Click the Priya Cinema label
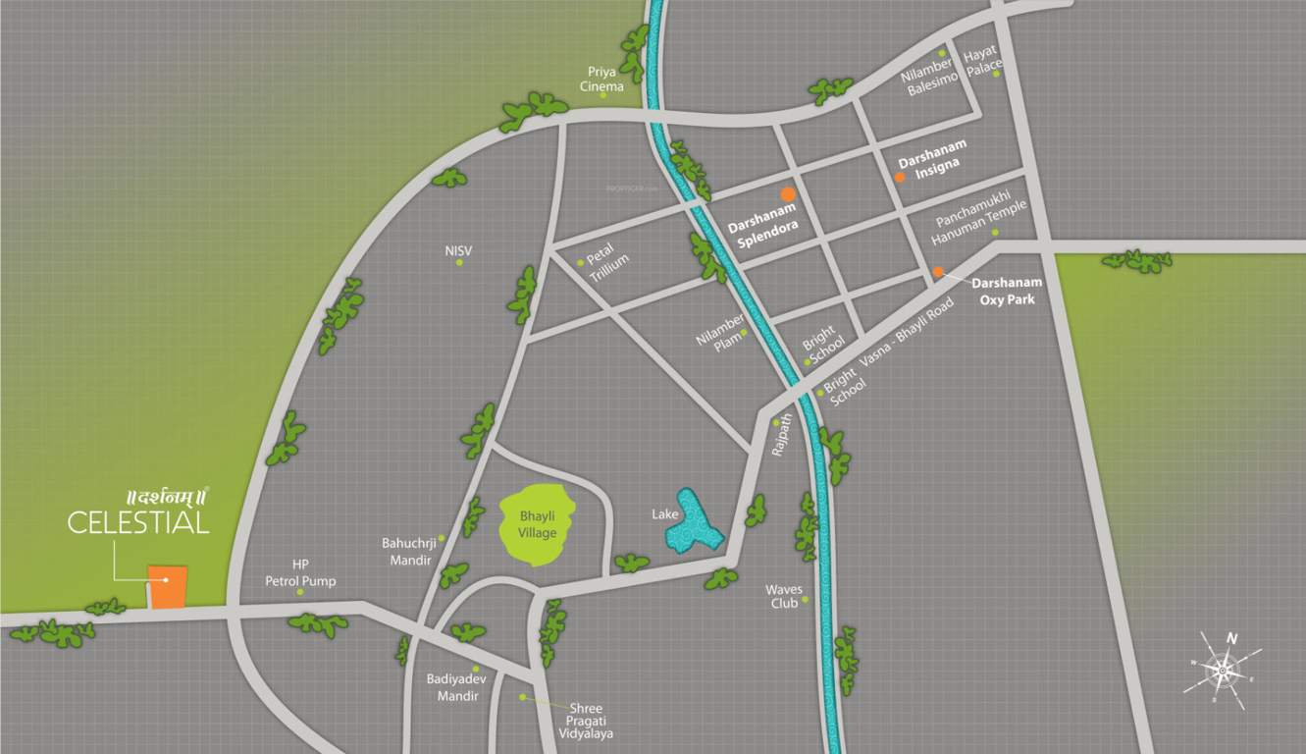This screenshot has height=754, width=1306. pos(601,79)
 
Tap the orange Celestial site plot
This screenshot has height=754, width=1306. pos(168,587)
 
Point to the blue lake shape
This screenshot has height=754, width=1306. pos(693,522)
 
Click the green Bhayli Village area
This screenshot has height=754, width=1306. pos(537,525)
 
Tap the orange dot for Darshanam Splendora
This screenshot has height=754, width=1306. pos(788,194)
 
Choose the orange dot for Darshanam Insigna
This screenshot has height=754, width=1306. pos(900,178)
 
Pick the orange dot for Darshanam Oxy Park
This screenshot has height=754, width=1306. pos(938,272)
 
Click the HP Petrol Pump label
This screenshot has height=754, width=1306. pos(300,573)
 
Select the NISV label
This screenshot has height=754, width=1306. pos(458,251)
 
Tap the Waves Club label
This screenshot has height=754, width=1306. pos(784,596)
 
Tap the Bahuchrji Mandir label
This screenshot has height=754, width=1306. pos(406,551)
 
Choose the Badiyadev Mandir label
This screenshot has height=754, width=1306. pos(452,687)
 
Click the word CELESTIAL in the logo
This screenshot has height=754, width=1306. pos(138,521)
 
